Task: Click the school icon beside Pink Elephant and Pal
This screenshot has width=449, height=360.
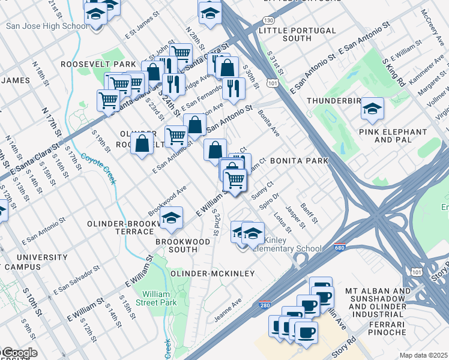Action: click(x=372, y=109)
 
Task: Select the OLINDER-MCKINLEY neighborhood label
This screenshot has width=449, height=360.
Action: click(x=213, y=274)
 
